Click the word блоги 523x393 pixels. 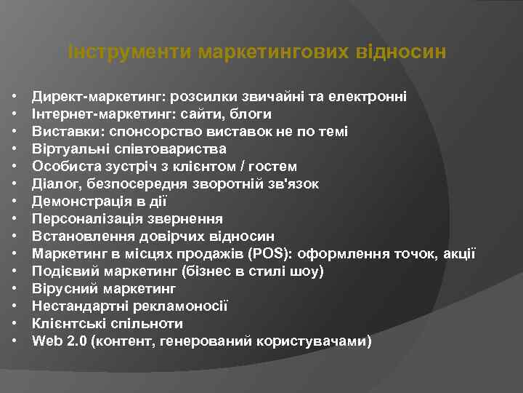coord(254,114)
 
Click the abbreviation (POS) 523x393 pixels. coord(269,254)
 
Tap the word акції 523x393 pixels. coord(461,254)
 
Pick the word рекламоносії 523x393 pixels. coord(185,306)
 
